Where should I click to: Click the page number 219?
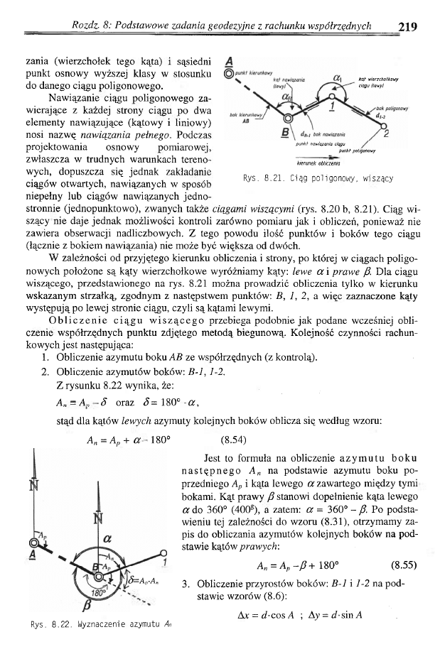(407, 27)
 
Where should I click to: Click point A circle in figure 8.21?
(228, 72)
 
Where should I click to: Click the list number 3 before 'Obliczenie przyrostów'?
(185, 584)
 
